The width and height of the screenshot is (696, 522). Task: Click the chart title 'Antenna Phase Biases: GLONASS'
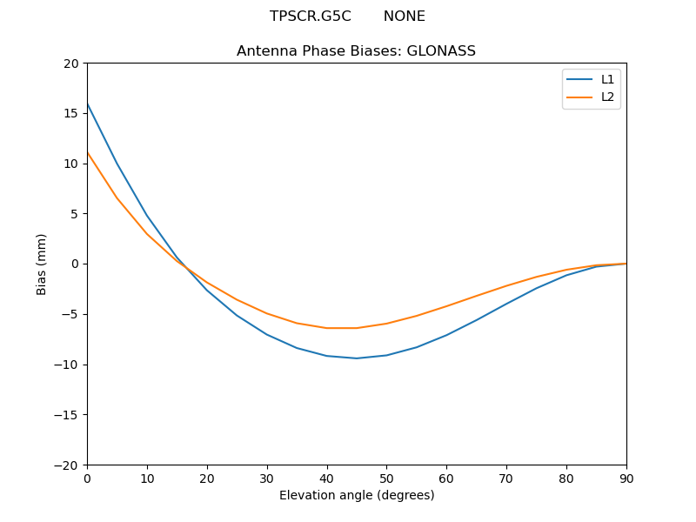coord(356,51)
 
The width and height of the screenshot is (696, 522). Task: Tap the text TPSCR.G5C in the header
coord(311,17)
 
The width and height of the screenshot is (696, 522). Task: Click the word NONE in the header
coord(404,17)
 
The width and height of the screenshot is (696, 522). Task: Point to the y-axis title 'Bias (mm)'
coord(42,264)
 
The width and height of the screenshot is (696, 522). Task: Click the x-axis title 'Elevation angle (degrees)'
coord(356,496)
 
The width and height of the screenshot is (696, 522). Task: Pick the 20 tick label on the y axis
coord(71,64)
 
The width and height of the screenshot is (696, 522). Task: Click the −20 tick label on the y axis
coord(68,465)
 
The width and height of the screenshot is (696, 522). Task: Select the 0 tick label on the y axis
coord(75,264)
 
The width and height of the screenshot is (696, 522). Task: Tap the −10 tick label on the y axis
coord(68,365)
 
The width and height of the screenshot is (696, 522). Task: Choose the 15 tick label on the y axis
coord(71,114)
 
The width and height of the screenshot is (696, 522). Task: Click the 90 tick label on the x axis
coord(626,478)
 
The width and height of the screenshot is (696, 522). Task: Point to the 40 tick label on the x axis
coord(326,478)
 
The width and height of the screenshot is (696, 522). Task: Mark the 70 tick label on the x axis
coord(506,478)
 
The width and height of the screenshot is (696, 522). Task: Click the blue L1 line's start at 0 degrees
coord(88,104)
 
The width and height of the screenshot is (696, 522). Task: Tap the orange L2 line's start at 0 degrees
coord(88,153)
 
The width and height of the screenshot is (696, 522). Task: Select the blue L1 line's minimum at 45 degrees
coord(357,358)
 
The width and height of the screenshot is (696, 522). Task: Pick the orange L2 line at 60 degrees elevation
coord(446,306)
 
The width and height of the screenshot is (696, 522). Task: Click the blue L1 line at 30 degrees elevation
coord(267,335)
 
